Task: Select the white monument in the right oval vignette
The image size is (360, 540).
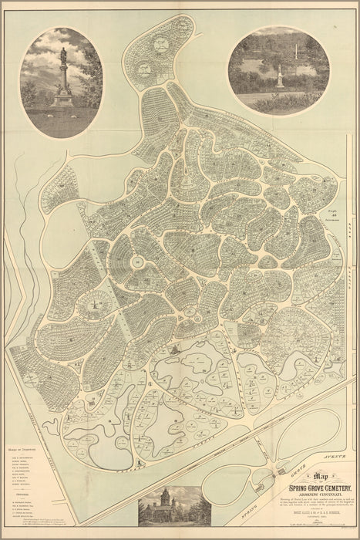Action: [279, 77]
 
